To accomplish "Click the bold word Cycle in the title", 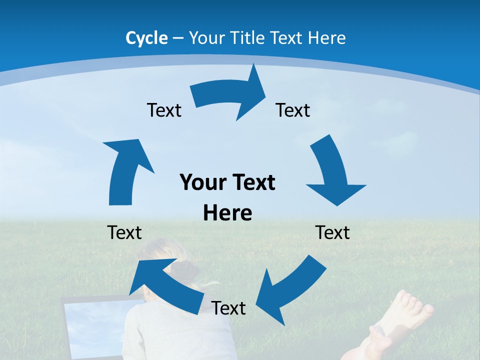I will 146,38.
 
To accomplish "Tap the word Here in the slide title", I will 327,38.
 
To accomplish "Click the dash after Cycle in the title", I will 178,38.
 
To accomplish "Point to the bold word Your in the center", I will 200,182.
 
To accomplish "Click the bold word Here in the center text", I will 227,213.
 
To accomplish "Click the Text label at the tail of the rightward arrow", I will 164,110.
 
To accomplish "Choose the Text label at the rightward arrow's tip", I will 293,110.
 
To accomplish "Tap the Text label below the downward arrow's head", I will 333,232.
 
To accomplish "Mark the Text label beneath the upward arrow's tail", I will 124,232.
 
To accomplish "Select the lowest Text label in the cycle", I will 228,308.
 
